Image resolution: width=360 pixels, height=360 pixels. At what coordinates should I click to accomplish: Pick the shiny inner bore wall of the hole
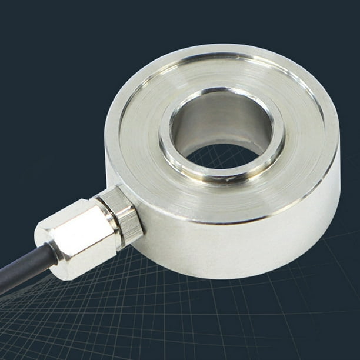pos(224,121)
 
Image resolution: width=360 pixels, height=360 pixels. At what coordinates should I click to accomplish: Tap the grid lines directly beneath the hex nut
pos(88,306)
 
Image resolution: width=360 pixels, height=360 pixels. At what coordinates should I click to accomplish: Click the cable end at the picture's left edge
pos(3,286)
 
